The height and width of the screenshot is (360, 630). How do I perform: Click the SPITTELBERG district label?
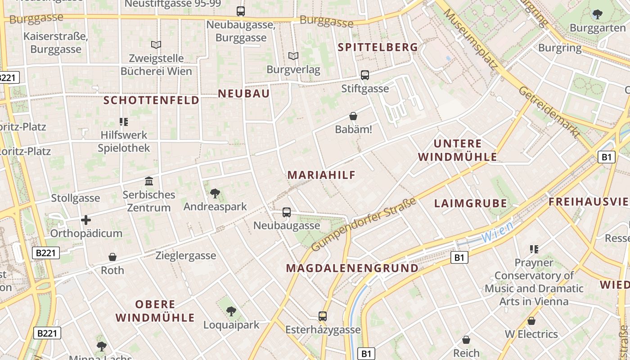click(378, 47)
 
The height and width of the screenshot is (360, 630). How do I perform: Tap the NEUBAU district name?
click(244, 94)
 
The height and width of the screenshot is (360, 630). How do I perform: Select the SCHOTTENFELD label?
click(151, 100)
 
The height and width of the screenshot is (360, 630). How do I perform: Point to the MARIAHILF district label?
click(322, 175)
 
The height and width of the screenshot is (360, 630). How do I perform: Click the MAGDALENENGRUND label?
click(352, 268)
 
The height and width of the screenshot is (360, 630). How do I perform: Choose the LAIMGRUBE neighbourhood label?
click(471, 203)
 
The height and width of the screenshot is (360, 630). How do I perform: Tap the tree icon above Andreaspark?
click(215, 193)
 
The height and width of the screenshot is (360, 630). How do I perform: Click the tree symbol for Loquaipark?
click(231, 311)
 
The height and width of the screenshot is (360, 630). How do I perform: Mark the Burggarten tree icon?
click(598, 14)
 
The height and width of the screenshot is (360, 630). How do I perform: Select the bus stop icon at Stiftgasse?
click(365, 75)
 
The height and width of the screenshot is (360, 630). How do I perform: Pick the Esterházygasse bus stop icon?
click(323, 316)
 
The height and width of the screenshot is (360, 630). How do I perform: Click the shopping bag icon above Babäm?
click(353, 117)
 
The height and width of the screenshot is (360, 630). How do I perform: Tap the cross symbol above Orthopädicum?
click(86, 220)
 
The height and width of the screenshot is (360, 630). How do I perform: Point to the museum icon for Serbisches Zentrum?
click(149, 181)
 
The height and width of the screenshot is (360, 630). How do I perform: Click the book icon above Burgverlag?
click(293, 56)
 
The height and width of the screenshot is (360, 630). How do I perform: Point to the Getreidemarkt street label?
click(549, 112)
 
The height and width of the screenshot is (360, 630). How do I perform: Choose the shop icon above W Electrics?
click(531, 321)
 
